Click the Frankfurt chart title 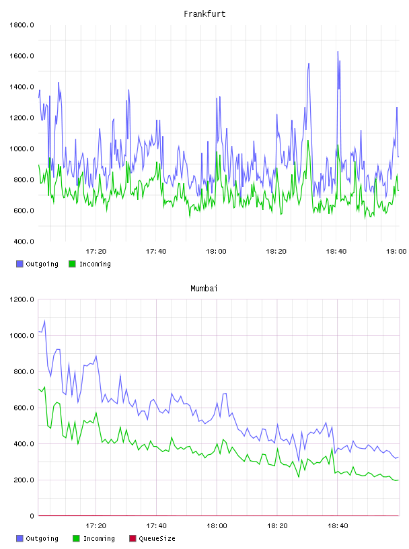pyautogui.click(x=204, y=14)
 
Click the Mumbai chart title pyautogui.click(x=204, y=289)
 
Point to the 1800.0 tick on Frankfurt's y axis pyautogui.click(x=22, y=25)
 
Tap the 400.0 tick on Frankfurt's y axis pyautogui.click(x=22, y=242)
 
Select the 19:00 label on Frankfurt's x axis pyautogui.click(x=396, y=252)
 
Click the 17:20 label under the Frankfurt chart pyautogui.click(x=96, y=252)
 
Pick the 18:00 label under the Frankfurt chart pyautogui.click(x=216, y=252)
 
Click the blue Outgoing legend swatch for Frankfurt pyautogui.click(x=20, y=264)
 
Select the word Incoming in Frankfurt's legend pyautogui.click(x=95, y=264)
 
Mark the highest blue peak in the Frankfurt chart pyautogui.click(x=338, y=51)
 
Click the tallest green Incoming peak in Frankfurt pyautogui.click(x=308, y=141)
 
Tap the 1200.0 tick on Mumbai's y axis pyautogui.click(x=22, y=299)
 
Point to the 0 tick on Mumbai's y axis pyautogui.click(x=32, y=516)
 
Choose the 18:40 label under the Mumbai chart pyautogui.click(x=338, y=526)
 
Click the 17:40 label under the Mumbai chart pyautogui.click(x=156, y=526)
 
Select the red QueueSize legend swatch pyautogui.click(x=133, y=538)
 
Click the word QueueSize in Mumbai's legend pyautogui.click(x=157, y=539)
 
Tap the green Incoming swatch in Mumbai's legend pyautogui.click(x=76, y=538)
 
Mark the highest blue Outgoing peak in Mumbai pyautogui.click(x=44, y=320)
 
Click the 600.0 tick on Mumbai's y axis pyautogui.click(x=22, y=408)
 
